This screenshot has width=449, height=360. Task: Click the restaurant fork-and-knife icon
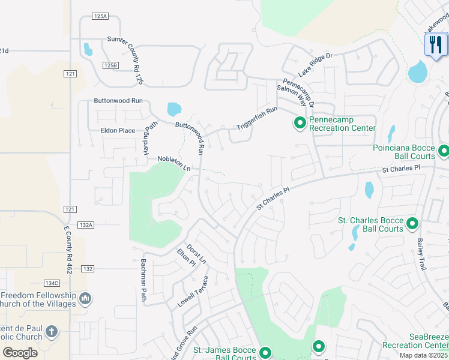click(x=436, y=44)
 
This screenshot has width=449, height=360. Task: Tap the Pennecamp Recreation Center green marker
click(x=300, y=123)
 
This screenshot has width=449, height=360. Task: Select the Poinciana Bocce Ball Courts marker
click(x=444, y=151)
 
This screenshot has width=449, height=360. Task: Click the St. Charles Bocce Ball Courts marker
click(x=412, y=224)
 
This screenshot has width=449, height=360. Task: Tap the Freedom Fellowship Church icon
click(x=85, y=298)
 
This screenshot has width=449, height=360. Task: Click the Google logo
click(x=19, y=352)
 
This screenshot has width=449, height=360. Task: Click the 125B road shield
click(x=110, y=65)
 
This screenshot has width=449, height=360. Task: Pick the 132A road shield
click(x=86, y=225)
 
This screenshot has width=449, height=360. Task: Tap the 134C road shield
click(x=52, y=283)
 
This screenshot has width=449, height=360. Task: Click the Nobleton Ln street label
click(x=173, y=164)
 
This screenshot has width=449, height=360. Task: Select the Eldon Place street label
click(x=118, y=130)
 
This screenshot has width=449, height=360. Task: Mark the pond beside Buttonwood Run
click(x=173, y=109)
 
